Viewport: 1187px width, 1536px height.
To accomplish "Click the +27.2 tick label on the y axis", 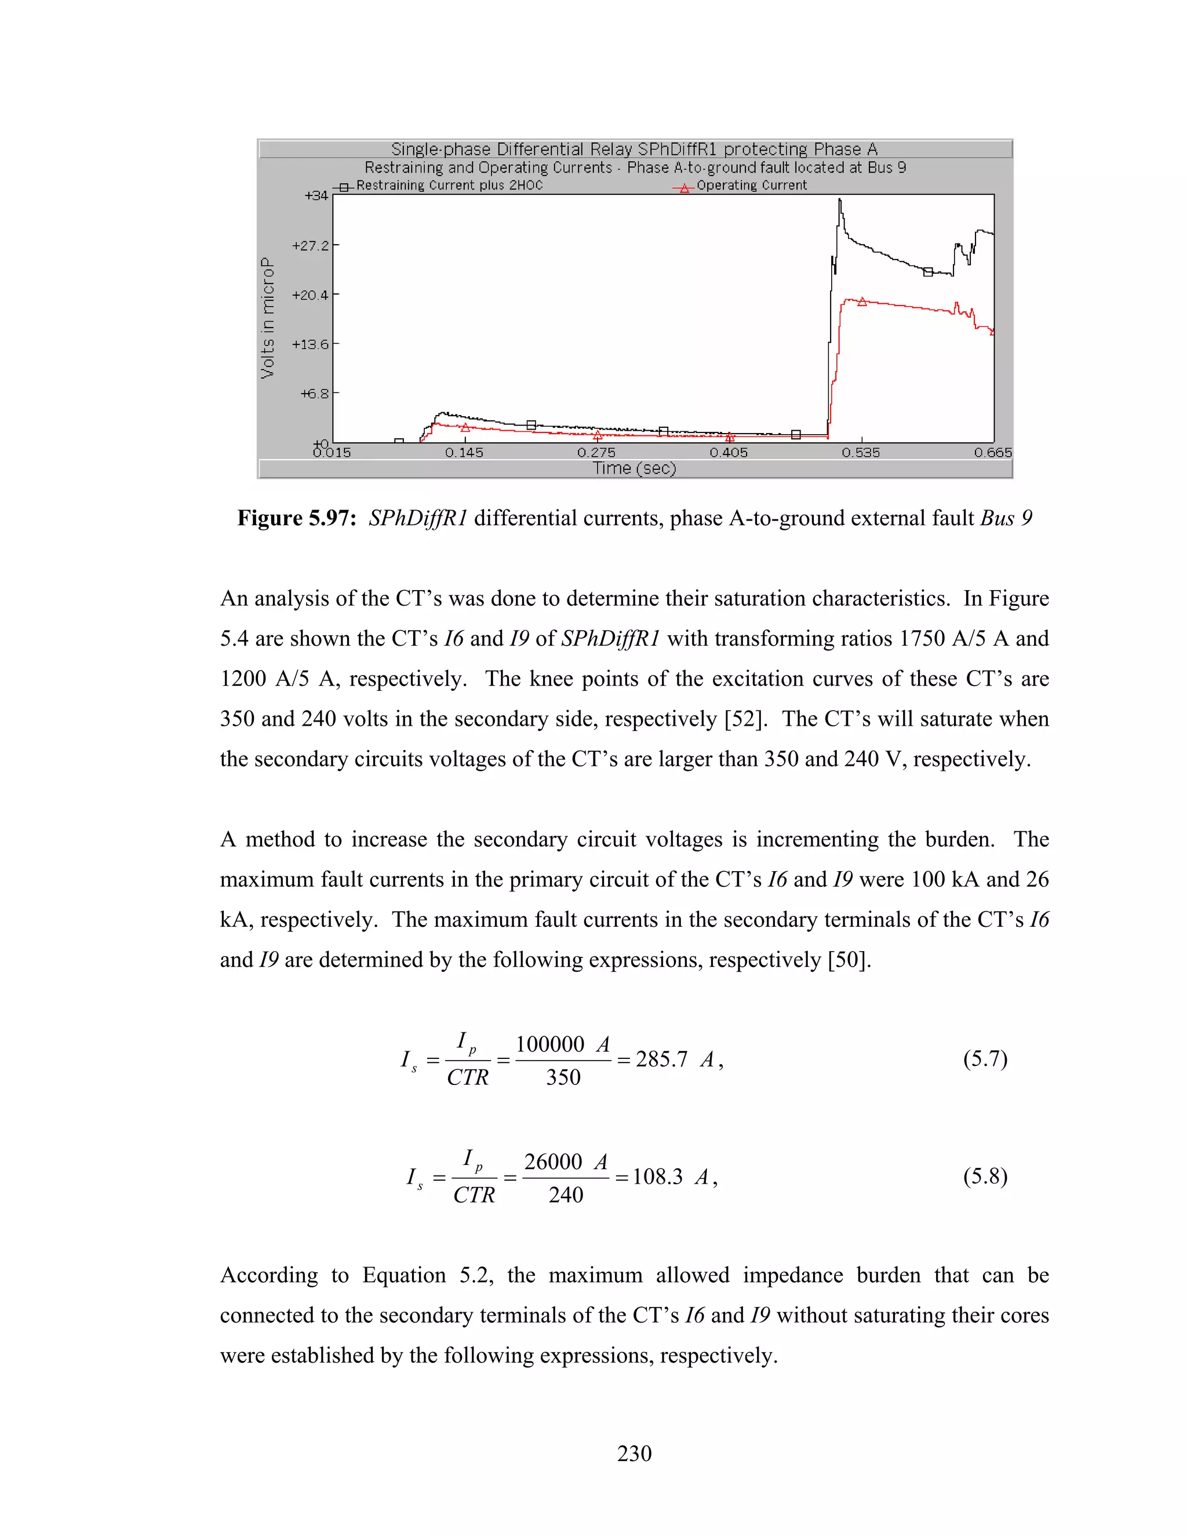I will coord(310,245).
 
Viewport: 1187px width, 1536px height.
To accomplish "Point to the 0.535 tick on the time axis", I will coord(861,452).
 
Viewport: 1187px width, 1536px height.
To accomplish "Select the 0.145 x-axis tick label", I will coord(464,452).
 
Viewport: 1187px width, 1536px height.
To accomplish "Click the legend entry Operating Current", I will coord(751,185).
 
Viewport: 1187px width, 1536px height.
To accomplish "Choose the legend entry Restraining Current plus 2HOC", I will coord(449,185).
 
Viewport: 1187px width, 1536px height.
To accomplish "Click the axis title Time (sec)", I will coord(634,468).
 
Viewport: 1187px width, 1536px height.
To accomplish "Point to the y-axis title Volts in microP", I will coord(268,318).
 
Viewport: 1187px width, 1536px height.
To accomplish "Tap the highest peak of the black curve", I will coord(839,201).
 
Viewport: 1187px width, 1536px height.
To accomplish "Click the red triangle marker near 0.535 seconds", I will coord(862,302).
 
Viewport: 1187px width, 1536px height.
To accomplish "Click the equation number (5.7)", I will coord(985,1058).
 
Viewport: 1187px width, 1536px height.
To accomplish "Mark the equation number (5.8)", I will coord(985,1176).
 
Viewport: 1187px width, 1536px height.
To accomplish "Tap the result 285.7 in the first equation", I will coord(661,1059).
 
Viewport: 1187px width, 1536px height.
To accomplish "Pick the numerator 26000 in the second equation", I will coord(553,1161).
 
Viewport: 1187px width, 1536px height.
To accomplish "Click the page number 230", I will coord(634,1454).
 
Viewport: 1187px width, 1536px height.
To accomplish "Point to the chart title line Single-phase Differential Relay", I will coord(634,149).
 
